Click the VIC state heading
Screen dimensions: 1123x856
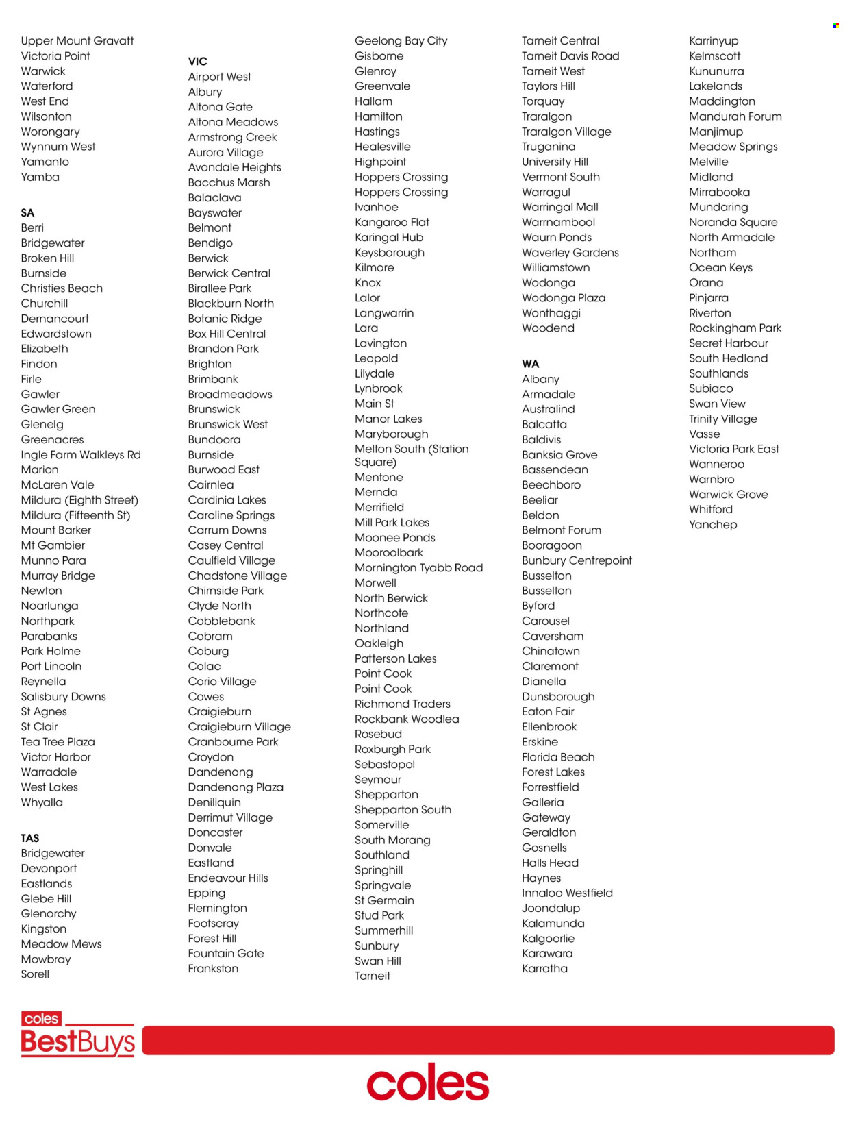tap(197, 62)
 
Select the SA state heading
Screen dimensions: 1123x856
tap(27, 213)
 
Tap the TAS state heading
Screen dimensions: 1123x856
tap(29, 838)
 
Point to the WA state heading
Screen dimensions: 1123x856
tap(530, 364)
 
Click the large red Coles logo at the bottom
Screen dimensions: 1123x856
tap(428, 1083)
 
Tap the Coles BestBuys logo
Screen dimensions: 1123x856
tap(77, 1034)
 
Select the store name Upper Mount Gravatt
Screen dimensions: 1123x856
tap(77, 41)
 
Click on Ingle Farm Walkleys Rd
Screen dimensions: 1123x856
tap(81, 455)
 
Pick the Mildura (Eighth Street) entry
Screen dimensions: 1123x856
tap(79, 500)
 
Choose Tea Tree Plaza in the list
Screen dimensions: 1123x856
tap(58, 742)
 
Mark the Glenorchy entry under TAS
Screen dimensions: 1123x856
tap(49, 914)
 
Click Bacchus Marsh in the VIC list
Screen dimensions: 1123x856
tap(229, 183)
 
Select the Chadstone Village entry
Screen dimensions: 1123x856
tap(237, 576)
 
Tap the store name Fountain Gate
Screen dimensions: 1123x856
tap(226, 954)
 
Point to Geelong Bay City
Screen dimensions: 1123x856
tap(401, 41)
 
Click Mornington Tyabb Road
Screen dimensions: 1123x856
tap(418, 568)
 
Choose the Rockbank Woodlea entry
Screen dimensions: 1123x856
tap(407, 719)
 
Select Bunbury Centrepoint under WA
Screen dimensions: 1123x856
tap(577, 560)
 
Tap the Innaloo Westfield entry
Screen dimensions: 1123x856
tap(567, 893)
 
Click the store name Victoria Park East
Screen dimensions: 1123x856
tap(733, 449)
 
